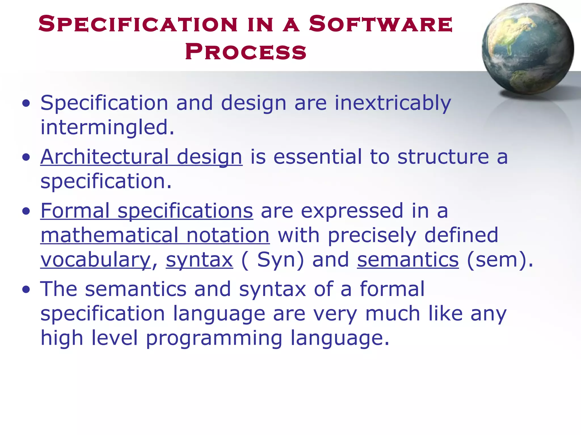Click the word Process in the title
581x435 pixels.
246,52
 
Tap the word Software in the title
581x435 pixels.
380,24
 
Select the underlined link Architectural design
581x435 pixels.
141,157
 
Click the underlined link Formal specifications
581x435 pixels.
147,211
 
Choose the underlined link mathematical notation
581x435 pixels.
155,235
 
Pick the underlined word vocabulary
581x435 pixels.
96,260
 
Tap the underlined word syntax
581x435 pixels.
199,260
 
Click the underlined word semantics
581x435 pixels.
408,260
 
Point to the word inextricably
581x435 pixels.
393,103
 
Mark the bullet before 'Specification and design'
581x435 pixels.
26,103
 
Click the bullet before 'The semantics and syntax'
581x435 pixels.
26,290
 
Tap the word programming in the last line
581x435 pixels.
214,338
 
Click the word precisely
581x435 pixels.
372,235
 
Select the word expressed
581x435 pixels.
352,211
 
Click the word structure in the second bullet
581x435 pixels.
443,157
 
